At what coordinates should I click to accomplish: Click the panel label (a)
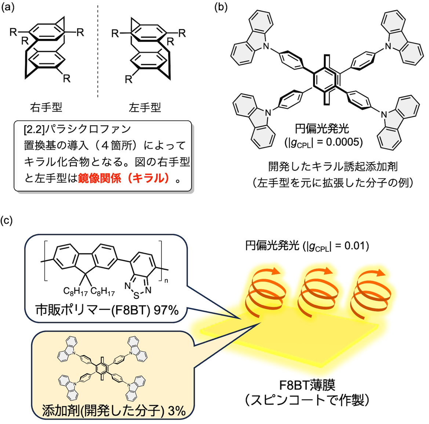(x=8, y=8)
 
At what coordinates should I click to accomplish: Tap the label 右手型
(x=46, y=108)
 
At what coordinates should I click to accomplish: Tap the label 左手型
(x=145, y=108)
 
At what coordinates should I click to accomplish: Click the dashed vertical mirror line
(x=98, y=55)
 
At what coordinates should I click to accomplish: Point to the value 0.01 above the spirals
(x=356, y=245)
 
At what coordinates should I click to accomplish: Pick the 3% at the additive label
(x=177, y=411)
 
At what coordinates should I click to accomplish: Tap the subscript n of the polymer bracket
(x=166, y=281)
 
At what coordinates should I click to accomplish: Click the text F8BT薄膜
(x=307, y=385)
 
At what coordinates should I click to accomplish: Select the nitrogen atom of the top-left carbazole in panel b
(x=266, y=47)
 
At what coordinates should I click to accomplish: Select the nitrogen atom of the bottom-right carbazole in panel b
(x=384, y=115)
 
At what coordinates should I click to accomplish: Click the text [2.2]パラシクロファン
(x=77, y=129)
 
